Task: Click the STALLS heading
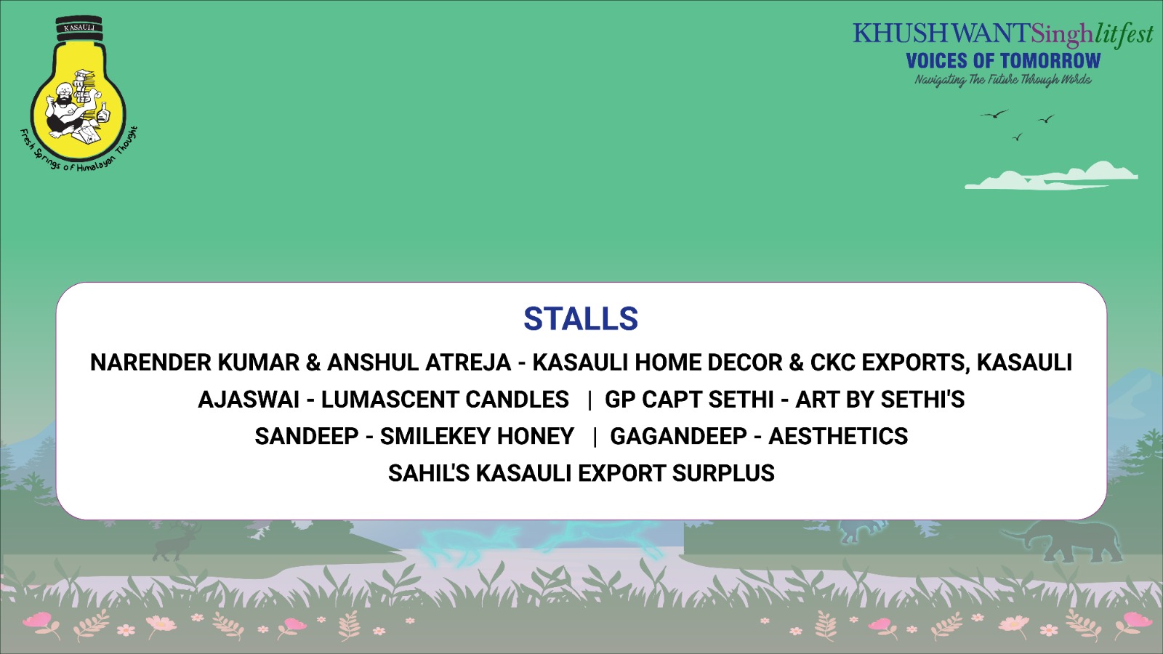click(581, 318)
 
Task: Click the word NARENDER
click(150, 363)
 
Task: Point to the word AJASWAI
click(249, 400)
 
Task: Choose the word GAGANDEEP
click(678, 436)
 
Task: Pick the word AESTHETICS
click(838, 436)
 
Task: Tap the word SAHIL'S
click(429, 473)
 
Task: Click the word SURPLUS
click(723, 473)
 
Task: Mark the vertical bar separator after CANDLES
click(589, 400)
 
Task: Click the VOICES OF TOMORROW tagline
click(1003, 61)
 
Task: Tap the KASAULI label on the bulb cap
click(79, 28)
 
